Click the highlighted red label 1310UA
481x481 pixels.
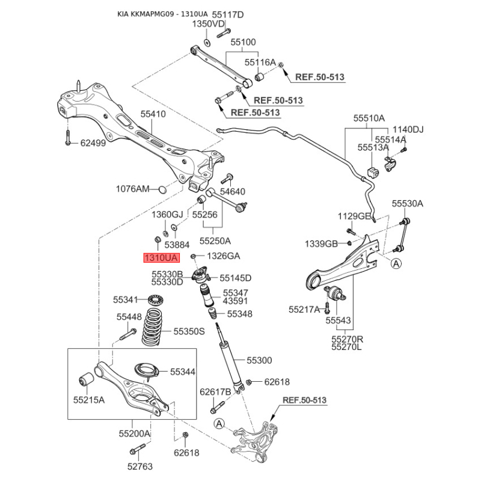161,258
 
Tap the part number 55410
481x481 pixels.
153,114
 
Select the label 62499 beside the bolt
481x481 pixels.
93,143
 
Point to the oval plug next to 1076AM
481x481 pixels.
162,189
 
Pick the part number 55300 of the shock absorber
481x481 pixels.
259,360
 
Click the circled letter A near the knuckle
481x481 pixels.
219,424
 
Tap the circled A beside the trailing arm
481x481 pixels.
397,263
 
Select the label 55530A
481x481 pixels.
408,203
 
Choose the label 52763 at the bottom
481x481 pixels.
140,467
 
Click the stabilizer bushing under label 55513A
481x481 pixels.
373,172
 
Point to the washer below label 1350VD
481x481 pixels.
207,43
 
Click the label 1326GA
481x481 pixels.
224,256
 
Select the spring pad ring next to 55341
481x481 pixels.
155,299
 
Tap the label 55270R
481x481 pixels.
348,339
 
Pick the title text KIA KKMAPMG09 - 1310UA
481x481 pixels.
162,14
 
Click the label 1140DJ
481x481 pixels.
408,129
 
